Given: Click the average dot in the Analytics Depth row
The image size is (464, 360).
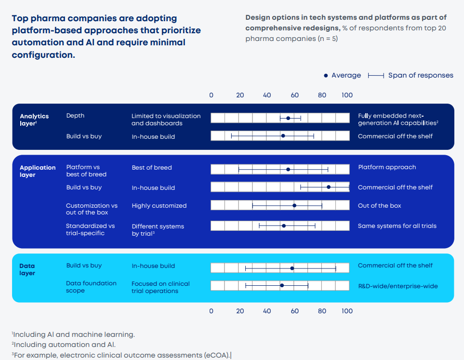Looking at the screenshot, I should point(288,118).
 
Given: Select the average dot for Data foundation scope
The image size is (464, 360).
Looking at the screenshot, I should point(282,286).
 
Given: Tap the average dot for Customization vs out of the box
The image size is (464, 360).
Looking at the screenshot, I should point(294,205).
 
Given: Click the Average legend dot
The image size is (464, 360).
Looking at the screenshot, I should point(326,76).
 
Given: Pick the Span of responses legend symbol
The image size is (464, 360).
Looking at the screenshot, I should point(376,76).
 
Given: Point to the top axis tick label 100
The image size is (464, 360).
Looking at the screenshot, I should point(347,95).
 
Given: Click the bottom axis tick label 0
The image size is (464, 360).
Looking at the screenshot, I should point(211,311).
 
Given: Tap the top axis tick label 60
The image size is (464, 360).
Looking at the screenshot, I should point(295,95).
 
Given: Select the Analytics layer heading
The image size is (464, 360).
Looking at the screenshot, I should point(34,120).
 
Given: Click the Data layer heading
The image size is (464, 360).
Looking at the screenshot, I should point(27,269).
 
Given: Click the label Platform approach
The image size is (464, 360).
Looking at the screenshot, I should point(387,167).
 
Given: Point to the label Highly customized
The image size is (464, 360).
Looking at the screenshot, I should point(159,206).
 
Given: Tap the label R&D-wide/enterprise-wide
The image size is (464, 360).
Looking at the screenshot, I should point(398,286).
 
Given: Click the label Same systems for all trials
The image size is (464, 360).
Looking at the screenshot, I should point(397,226).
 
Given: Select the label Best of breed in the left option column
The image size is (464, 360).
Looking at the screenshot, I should point(152,168).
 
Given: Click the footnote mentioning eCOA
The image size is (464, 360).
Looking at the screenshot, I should point(121,356).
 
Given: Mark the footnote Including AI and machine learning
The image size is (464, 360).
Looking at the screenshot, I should point(74,334).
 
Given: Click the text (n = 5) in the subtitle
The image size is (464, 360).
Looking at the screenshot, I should point(328,39).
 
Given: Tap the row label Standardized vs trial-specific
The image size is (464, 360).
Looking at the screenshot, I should point(90,229).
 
